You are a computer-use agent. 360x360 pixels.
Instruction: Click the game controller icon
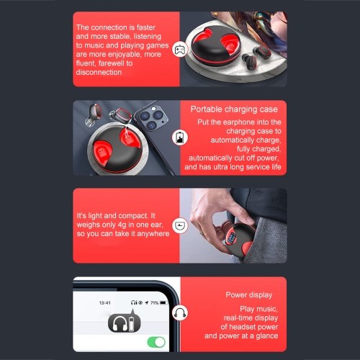tap(180, 50)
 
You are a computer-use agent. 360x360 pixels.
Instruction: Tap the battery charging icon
tap(180, 138)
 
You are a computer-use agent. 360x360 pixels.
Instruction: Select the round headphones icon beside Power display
tap(180, 313)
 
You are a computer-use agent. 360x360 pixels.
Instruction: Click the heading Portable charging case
tap(234, 109)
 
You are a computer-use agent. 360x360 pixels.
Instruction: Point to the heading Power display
tap(249, 295)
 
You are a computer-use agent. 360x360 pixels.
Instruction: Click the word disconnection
tap(99, 72)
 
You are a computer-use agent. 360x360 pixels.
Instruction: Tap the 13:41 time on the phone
tap(105, 303)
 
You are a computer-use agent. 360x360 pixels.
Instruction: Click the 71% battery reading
tap(154, 303)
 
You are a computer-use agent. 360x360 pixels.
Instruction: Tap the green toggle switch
tap(156, 342)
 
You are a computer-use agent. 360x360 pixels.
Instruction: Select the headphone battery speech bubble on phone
tap(124, 323)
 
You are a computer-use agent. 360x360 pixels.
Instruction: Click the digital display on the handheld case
tap(233, 238)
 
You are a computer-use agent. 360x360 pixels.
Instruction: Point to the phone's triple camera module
tap(151, 118)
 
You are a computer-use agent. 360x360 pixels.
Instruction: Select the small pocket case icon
tap(180, 225)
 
